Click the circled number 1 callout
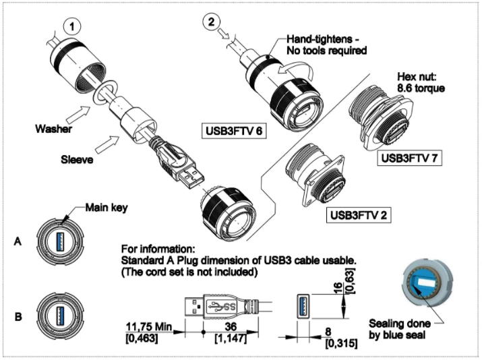[72, 27]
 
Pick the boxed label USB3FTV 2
[356, 216]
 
